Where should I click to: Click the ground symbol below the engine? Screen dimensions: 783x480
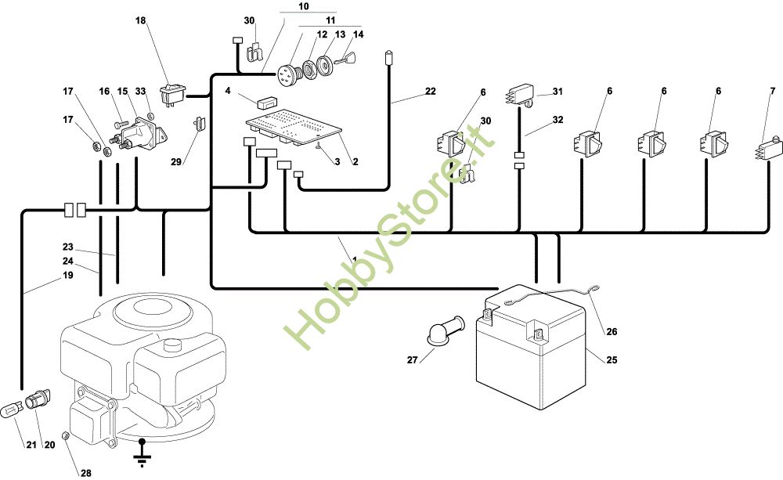pyautogui.click(x=143, y=453)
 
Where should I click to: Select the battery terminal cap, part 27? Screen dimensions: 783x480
pyautogui.click(x=446, y=330)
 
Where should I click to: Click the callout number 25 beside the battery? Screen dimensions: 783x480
pyautogui.click(x=612, y=359)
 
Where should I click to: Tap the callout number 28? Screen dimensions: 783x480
pyautogui.click(x=86, y=473)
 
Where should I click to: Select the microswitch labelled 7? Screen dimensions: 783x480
pyautogui.click(x=767, y=149)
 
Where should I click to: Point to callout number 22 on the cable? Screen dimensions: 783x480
pyautogui.click(x=431, y=91)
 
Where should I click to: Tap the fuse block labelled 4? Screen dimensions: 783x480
pyautogui.click(x=266, y=103)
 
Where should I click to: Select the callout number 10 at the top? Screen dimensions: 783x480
pyautogui.click(x=304, y=6)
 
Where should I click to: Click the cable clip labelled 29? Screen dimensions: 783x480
pyautogui.click(x=199, y=123)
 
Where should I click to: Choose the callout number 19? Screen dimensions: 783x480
pyautogui.click(x=68, y=275)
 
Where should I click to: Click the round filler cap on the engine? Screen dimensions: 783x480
pyautogui.click(x=175, y=345)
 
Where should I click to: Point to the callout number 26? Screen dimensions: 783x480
pyautogui.click(x=612, y=331)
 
